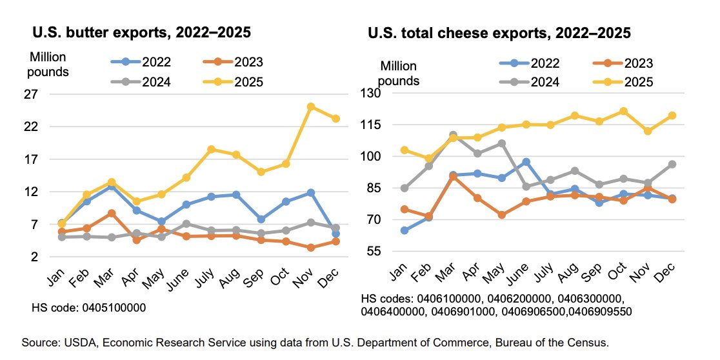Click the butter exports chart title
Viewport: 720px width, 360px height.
pos(142,32)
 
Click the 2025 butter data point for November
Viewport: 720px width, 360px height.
pos(311,106)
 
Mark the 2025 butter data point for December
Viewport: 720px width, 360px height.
pos(335,118)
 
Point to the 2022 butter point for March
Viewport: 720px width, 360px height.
pos(111,186)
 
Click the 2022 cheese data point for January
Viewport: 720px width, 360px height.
pos(405,230)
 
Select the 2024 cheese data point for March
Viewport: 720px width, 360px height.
pos(453,135)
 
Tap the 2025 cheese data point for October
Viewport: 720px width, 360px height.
pos(623,111)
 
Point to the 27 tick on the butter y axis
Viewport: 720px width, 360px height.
pos(30,94)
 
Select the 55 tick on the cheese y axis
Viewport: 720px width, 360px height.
pos(375,251)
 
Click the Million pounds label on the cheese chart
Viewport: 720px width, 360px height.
pos(399,74)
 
